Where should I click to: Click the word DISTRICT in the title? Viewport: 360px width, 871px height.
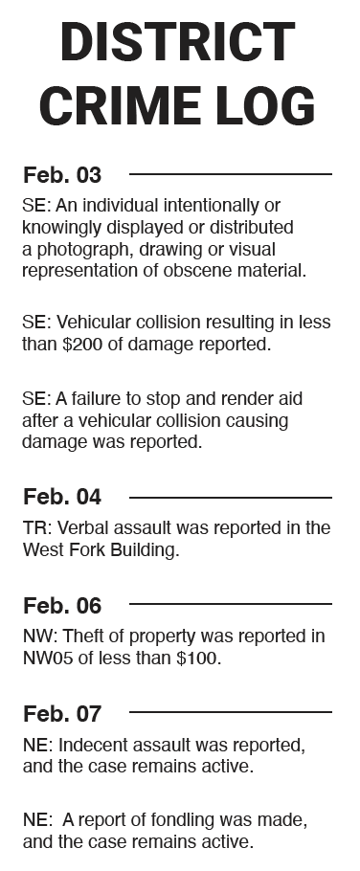point(177,43)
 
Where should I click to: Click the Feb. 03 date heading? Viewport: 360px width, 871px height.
point(62,175)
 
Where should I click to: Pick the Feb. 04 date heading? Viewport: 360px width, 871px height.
point(62,498)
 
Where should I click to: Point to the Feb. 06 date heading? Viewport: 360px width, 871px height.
point(62,605)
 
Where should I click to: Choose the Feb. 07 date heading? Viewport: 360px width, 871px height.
point(62,713)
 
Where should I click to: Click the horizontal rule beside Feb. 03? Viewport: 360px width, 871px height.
point(230,174)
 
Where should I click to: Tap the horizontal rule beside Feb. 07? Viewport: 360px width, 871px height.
point(230,712)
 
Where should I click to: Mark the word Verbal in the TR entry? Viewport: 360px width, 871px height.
point(77,528)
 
